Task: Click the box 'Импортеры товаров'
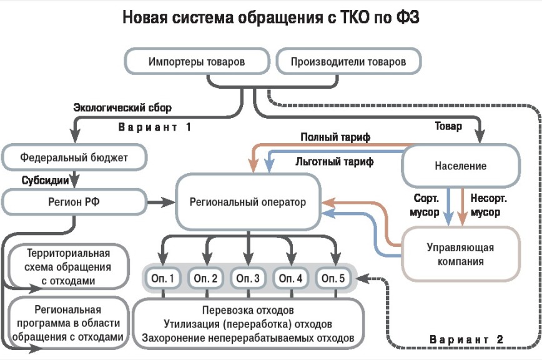(x=196, y=62)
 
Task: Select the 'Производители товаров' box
(x=348, y=62)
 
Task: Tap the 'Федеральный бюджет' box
(x=74, y=157)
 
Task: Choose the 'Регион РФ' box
(x=74, y=201)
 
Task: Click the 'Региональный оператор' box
(x=248, y=202)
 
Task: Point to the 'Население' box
(x=460, y=166)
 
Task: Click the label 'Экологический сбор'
(x=122, y=107)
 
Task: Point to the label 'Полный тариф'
(x=327, y=137)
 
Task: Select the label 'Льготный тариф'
(x=334, y=162)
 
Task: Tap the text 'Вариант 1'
(x=154, y=127)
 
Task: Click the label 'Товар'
(x=448, y=126)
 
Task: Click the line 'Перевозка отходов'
(x=248, y=311)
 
